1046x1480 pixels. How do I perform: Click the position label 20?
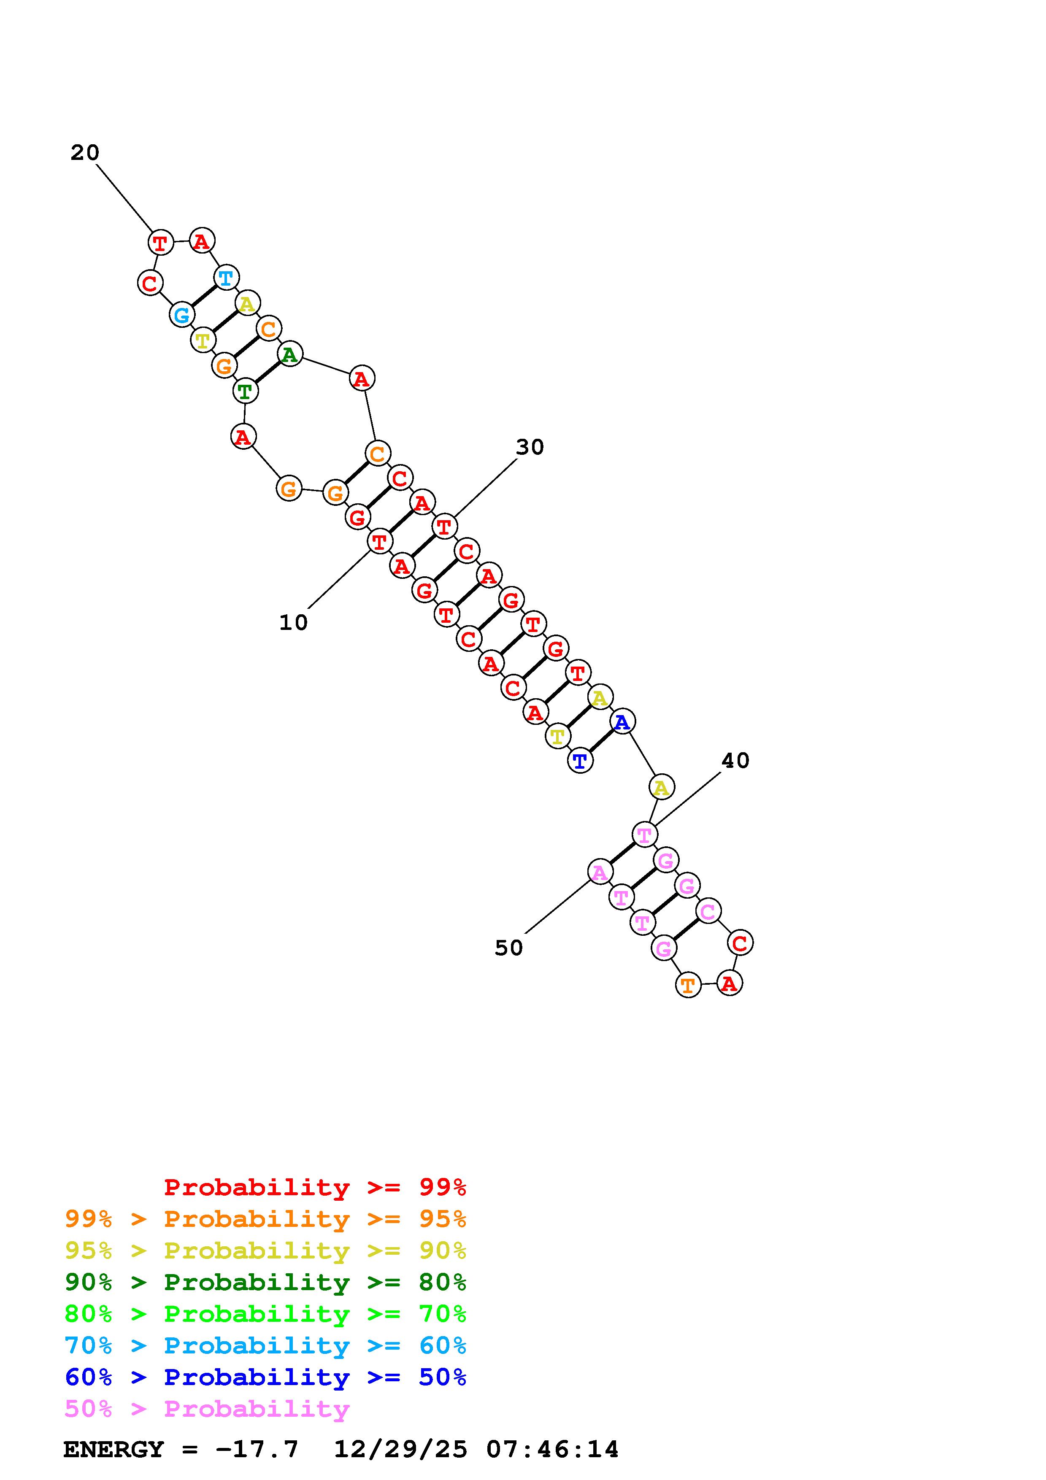click(x=84, y=153)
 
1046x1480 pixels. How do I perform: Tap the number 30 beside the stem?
click(x=530, y=447)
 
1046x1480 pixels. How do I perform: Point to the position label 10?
click(x=293, y=623)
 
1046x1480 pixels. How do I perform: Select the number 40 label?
click(x=735, y=761)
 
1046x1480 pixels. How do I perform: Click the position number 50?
click(x=508, y=948)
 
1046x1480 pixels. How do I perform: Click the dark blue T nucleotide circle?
click(x=580, y=761)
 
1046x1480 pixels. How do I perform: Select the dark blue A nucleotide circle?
click(x=622, y=722)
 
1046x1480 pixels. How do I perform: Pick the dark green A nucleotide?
click(x=290, y=354)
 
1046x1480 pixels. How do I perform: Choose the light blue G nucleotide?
click(x=182, y=315)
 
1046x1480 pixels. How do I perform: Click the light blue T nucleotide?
click(x=226, y=278)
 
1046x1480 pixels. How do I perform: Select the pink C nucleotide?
click(x=708, y=911)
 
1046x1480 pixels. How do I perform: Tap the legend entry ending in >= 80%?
click(x=265, y=1282)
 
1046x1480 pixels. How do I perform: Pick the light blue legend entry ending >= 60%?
click(x=265, y=1345)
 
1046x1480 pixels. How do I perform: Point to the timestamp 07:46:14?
click(x=552, y=1450)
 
